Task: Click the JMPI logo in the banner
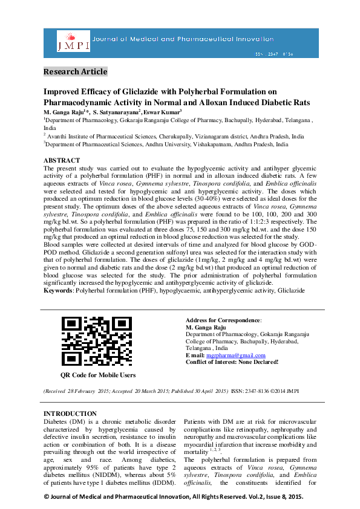(x=73, y=41)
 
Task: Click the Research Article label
(x=75, y=72)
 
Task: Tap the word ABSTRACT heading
(x=61, y=161)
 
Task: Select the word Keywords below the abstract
(x=58, y=291)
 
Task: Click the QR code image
(x=97, y=341)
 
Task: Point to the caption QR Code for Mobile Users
(x=98, y=375)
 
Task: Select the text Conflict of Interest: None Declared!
(x=232, y=361)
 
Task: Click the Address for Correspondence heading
(x=223, y=320)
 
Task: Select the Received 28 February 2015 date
(x=77, y=391)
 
